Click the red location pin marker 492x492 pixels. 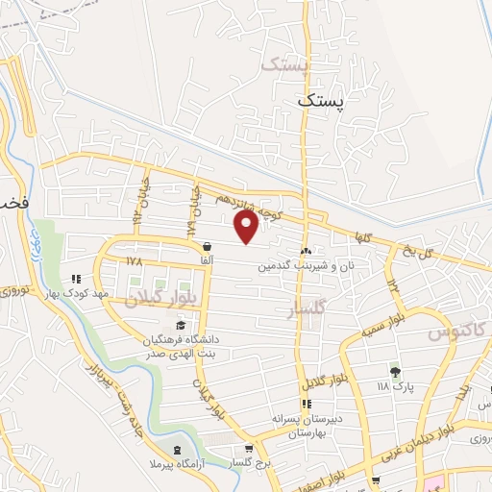247,227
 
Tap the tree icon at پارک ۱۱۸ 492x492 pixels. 394,371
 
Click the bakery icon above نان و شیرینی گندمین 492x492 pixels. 307,250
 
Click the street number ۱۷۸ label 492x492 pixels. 134,259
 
